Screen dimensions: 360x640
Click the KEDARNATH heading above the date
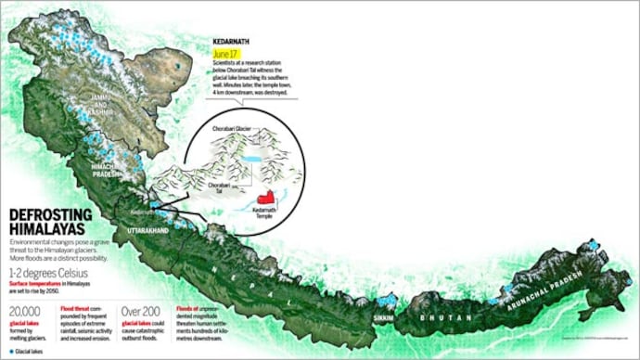pos(232,44)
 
